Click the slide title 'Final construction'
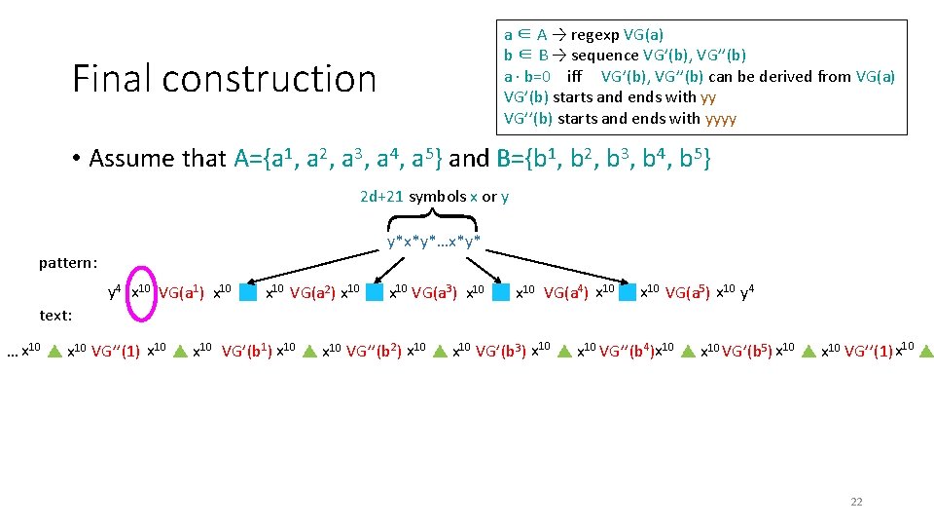[x=224, y=79]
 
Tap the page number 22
[x=856, y=502]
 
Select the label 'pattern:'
[x=68, y=263]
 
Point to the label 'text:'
[x=54, y=316]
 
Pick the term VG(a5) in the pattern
[x=687, y=290]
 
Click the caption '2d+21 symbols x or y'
[x=434, y=197]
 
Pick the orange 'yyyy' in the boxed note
[x=720, y=119]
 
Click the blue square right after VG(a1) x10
[x=248, y=291]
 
